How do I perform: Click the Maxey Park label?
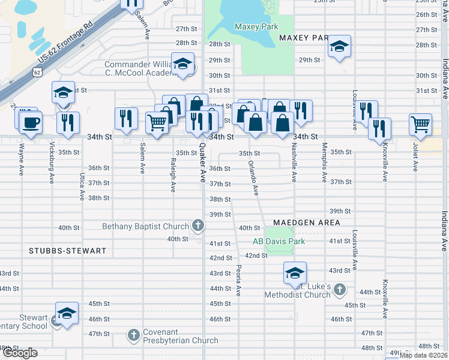[x=256, y=26]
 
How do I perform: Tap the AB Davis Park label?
[x=279, y=241]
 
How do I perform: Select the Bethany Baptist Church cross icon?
[x=198, y=226]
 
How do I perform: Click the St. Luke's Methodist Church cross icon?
[x=339, y=289]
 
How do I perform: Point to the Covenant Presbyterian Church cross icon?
[x=134, y=334]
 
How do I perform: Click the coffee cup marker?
[x=29, y=122]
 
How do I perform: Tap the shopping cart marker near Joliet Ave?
[x=421, y=124]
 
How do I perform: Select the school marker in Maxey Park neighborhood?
[x=339, y=47]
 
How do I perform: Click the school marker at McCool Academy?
[x=182, y=64]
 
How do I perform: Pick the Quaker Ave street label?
[x=202, y=163]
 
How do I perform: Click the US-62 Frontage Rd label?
[x=66, y=42]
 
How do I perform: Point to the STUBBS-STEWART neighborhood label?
[x=67, y=250]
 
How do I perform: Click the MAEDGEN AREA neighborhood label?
[x=307, y=223]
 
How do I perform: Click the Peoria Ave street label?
[x=238, y=280]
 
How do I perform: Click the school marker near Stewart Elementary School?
[x=67, y=313]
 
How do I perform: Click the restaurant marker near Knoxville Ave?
[x=380, y=128]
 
